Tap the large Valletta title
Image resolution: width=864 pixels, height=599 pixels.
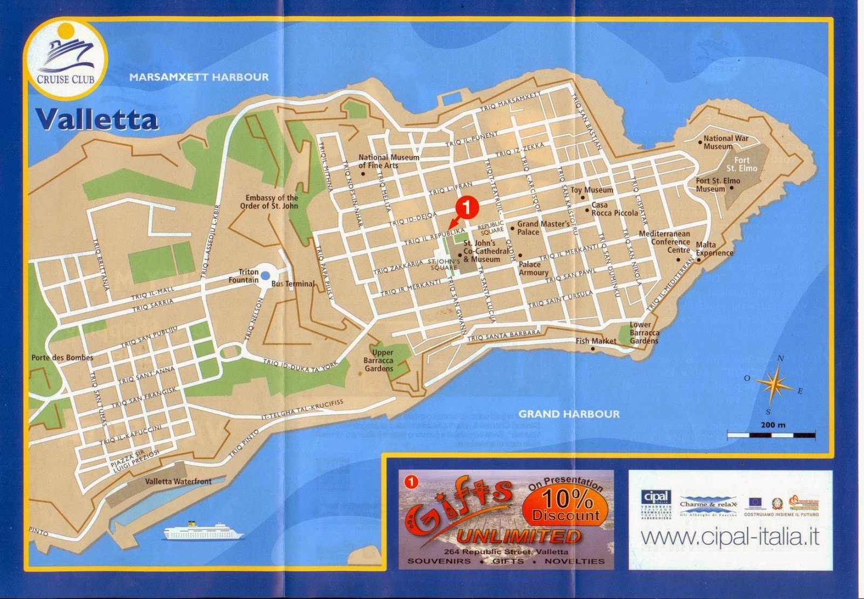click(x=97, y=120)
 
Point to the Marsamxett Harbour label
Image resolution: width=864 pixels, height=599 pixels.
click(x=199, y=77)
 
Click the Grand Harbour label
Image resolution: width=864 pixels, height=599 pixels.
click(x=569, y=414)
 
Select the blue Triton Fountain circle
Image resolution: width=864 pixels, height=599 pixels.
click(x=265, y=276)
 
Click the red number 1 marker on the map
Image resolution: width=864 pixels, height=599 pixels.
click(x=467, y=206)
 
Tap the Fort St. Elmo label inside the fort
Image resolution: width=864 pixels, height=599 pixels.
click(x=741, y=164)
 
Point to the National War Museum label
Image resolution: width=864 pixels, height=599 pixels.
click(x=725, y=143)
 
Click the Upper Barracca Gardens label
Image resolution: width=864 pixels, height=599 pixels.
click(x=379, y=360)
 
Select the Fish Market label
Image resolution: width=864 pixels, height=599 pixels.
click(x=596, y=341)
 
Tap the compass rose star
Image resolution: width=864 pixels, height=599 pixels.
click(x=774, y=384)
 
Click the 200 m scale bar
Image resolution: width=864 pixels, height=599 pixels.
click(x=771, y=434)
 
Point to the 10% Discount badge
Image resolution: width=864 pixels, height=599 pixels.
click(x=565, y=506)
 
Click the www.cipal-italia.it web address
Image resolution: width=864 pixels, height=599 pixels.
click(x=730, y=537)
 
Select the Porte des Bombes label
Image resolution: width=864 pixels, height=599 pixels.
click(x=62, y=358)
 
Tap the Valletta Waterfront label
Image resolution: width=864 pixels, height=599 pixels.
click(x=178, y=481)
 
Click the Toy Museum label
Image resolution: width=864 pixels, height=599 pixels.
click(x=592, y=190)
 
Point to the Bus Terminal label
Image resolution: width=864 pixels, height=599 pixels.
click(x=293, y=284)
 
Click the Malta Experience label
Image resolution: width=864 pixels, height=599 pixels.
click(x=714, y=249)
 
